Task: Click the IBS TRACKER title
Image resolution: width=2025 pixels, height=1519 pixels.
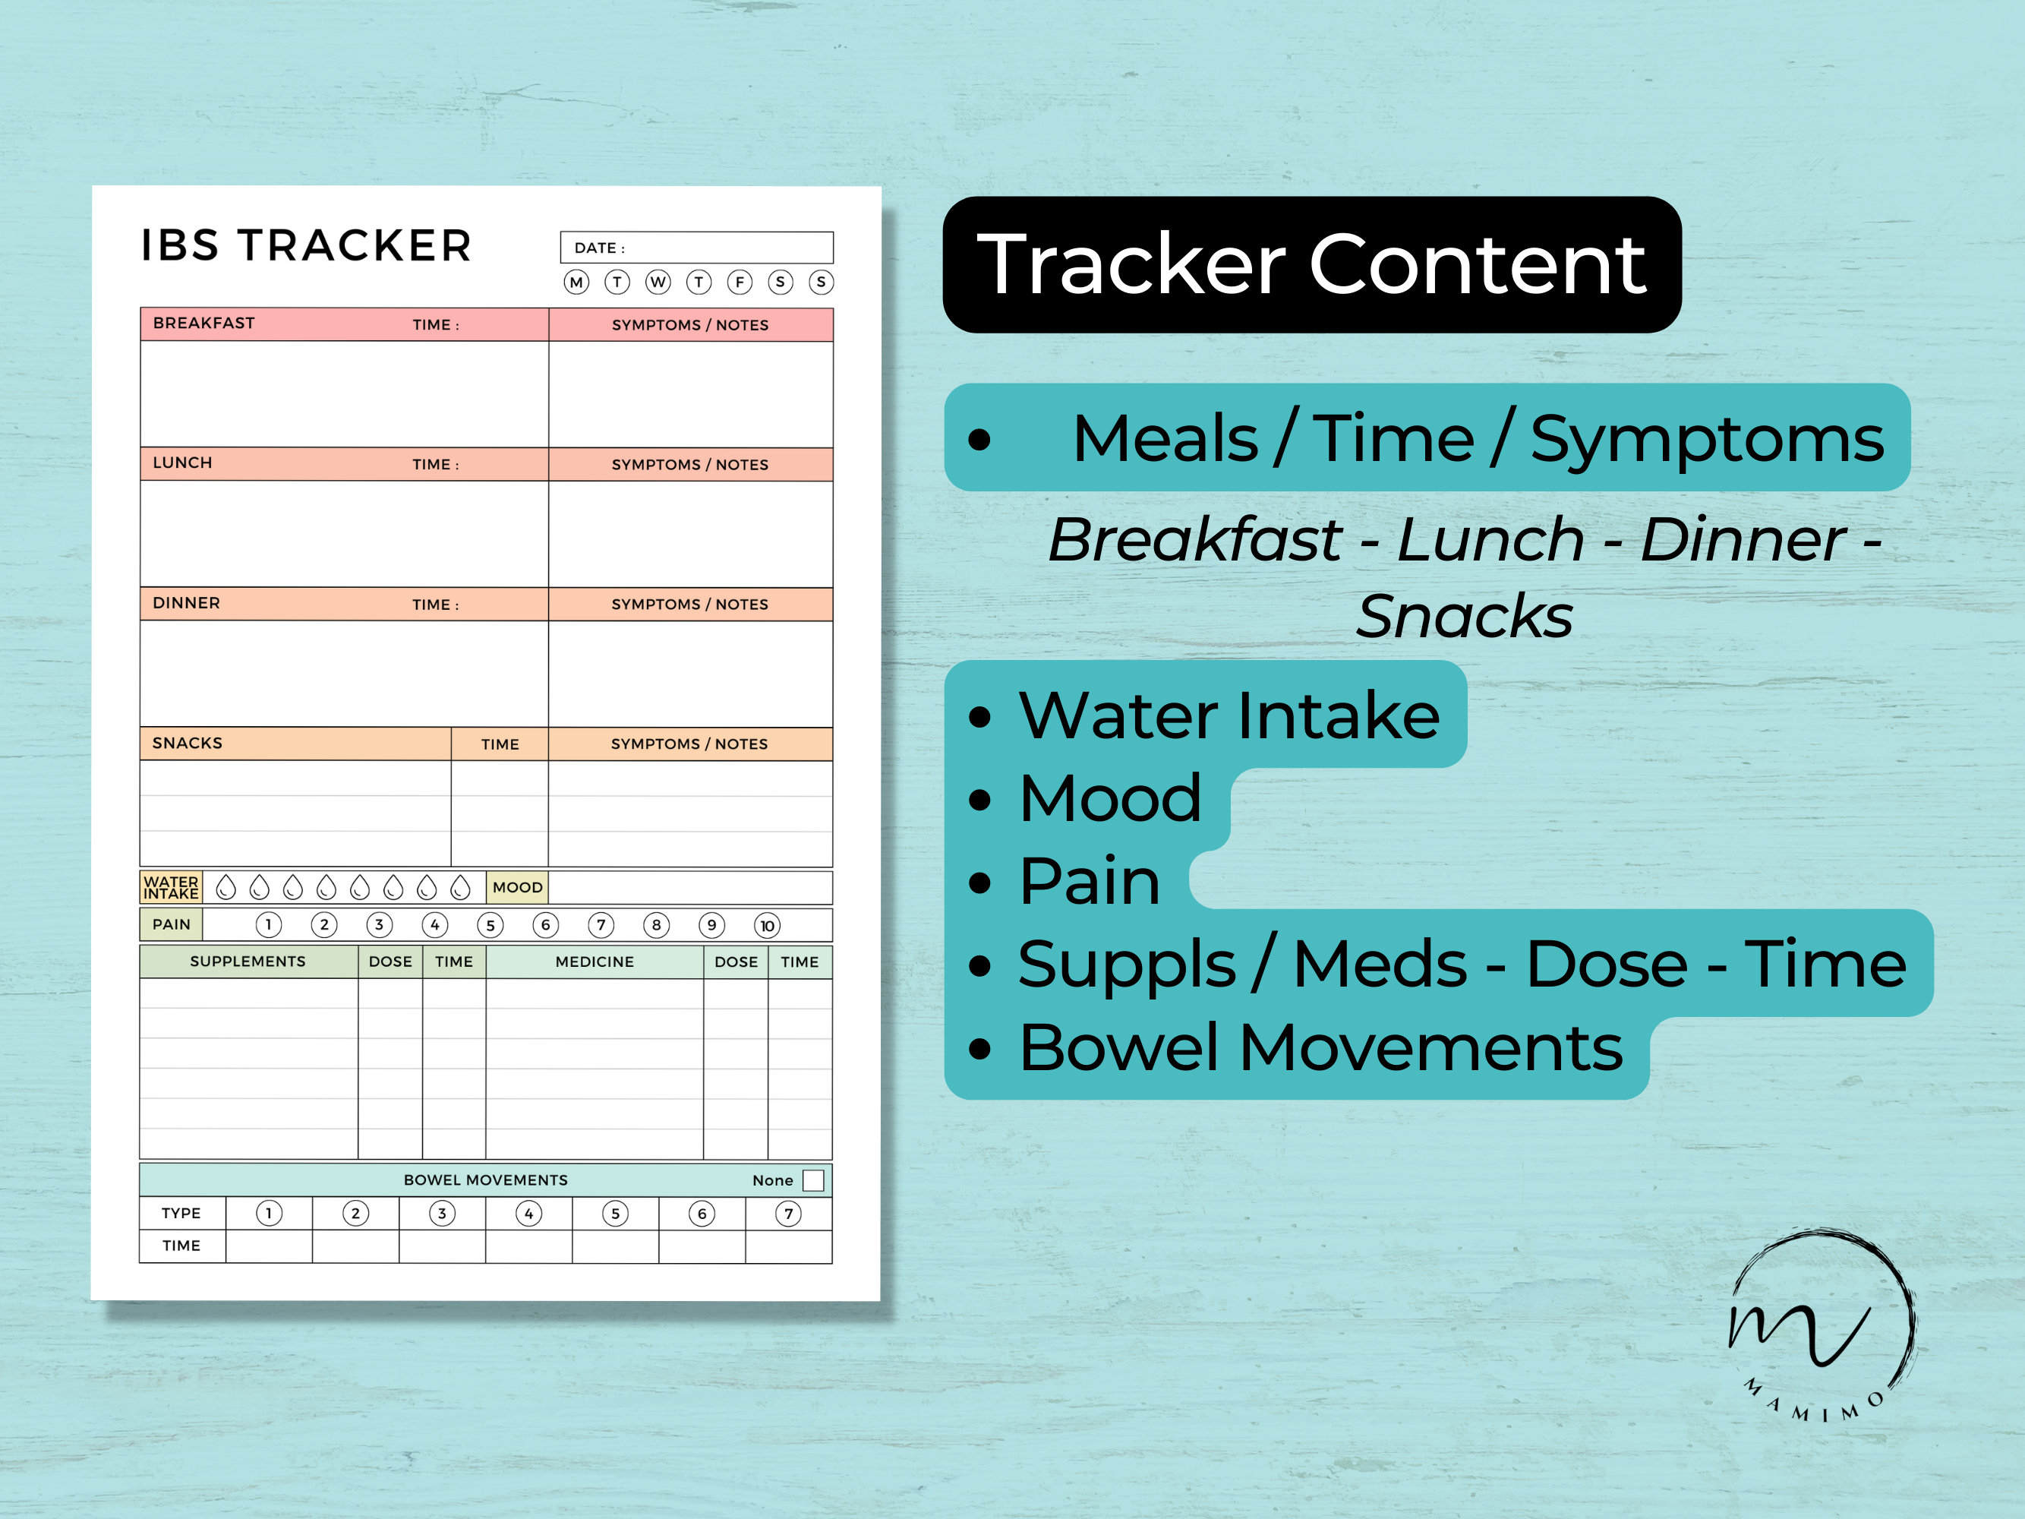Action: tap(306, 246)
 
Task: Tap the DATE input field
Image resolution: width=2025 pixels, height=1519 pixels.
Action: tap(697, 247)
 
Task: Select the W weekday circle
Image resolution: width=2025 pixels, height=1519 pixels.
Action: tap(658, 282)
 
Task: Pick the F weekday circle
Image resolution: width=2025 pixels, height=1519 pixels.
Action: tap(740, 282)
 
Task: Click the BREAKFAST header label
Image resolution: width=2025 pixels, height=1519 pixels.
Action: tap(204, 324)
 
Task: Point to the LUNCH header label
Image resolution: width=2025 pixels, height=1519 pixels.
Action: tap(182, 463)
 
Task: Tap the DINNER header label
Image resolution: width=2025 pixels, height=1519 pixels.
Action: tap(186, 603)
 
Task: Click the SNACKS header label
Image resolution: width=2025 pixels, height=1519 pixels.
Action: tap(187, 743)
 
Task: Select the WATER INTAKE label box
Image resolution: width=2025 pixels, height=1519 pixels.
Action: tap(171, 887)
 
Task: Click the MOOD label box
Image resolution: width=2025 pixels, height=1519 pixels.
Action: tap(517, 887)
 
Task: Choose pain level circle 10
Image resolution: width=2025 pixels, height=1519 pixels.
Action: tap(767, 926)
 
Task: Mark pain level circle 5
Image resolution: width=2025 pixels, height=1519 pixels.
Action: tap(490, 926)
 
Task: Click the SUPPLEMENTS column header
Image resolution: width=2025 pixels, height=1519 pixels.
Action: tap(248, 962)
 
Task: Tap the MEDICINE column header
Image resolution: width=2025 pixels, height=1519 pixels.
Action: tap(594, 962)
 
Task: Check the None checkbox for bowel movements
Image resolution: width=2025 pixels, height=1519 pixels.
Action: tap(813, 1180)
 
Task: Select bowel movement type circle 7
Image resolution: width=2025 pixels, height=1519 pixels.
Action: tap(788, 1214)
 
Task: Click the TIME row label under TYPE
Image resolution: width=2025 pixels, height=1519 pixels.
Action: tap(181, 1246)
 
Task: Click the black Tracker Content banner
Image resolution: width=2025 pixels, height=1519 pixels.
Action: tap(1312, 264)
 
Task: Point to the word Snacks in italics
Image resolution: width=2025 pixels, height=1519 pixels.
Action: tap(1465, 616)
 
